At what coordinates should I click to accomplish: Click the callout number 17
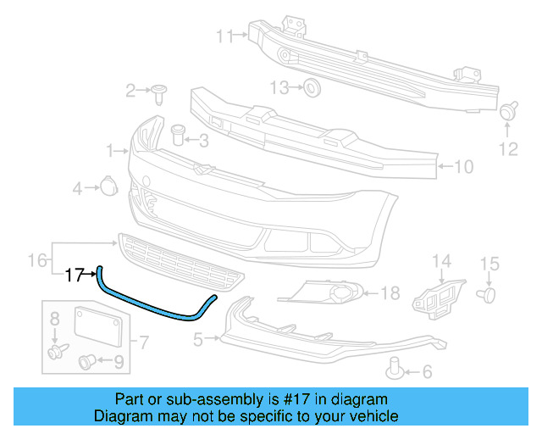[x=75, y=275]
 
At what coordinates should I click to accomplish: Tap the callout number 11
[x=224, y=36]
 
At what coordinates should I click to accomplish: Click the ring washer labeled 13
[x=311, y=86]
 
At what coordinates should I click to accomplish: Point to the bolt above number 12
[x=508, y=110]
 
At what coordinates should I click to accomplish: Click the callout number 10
[x=464, y=167]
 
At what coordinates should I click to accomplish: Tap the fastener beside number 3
[x=178, y=135]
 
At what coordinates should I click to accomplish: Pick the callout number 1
[x=111, y=151]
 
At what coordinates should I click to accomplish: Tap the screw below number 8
[x=57, y=350]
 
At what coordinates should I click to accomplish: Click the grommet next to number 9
[x=88, y=362]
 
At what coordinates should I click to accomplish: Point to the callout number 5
[x=198, y=340]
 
